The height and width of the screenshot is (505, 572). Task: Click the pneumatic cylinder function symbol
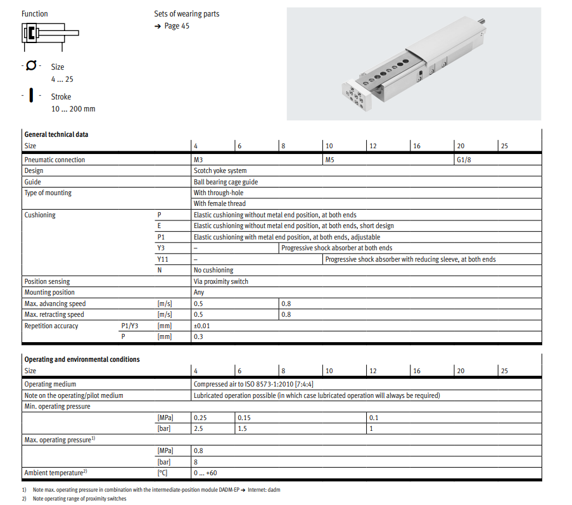pos(50,33)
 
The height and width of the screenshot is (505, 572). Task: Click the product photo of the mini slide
pos(414,63)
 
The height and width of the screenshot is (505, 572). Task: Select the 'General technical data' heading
pos(56,134)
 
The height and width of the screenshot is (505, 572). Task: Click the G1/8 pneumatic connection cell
pos(464,160)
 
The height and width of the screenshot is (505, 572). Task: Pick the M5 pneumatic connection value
pos(329,160)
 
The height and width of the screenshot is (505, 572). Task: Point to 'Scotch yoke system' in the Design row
pos(220,170)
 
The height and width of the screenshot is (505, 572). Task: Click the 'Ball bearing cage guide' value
pos(226,182)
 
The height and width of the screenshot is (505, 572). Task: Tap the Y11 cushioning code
pos(162,259)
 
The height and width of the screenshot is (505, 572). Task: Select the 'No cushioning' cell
pos(213,270)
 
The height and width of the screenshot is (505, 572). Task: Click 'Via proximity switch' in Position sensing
pos(221,281)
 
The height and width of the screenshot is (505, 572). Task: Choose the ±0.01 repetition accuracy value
pos(203,326)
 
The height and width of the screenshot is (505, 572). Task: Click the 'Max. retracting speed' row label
pos(54,314)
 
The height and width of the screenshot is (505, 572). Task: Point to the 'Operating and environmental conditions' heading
pos(82,359)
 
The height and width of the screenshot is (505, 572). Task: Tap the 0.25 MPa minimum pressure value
pos(200,418)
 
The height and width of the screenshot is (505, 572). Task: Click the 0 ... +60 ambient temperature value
pos(205,473)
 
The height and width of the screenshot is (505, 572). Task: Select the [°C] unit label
pos(163,473)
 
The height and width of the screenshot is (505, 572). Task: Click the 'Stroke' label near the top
pos(61,97)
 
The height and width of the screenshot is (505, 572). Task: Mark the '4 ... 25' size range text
pos(62,79)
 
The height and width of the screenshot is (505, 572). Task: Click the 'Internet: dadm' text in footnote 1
pos(264,490)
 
